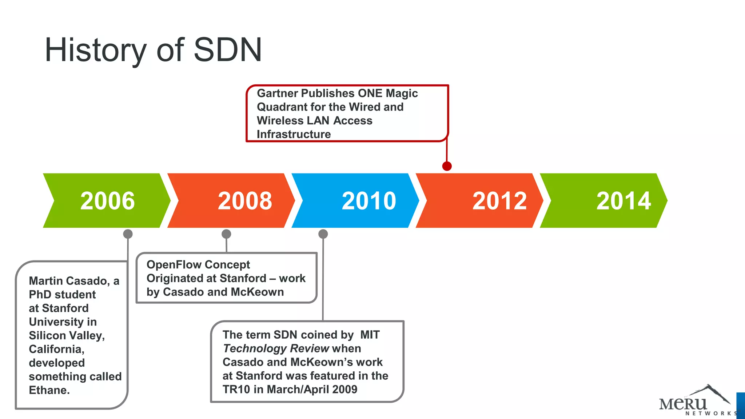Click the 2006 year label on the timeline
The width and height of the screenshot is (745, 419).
[107, 201]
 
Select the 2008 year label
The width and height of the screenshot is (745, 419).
[245, 201]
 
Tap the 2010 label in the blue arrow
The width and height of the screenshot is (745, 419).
[369, 201]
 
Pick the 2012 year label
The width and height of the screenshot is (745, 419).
[499, 201]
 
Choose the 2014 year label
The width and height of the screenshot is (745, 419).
[624, 201]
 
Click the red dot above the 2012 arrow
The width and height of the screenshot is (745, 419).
[447, 166]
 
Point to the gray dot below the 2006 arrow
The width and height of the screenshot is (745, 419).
[128, 234]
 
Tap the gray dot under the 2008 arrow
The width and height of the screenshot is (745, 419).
[226, 234]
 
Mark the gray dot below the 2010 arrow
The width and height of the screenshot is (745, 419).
[323, 234]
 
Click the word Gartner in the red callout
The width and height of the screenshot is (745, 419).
[277, 93]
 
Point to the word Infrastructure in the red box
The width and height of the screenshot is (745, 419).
[294, 135]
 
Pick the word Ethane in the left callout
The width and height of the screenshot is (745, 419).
[49, 390]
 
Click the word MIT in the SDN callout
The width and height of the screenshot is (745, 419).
[370, 335]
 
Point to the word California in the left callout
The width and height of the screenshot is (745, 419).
[56, 349]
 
